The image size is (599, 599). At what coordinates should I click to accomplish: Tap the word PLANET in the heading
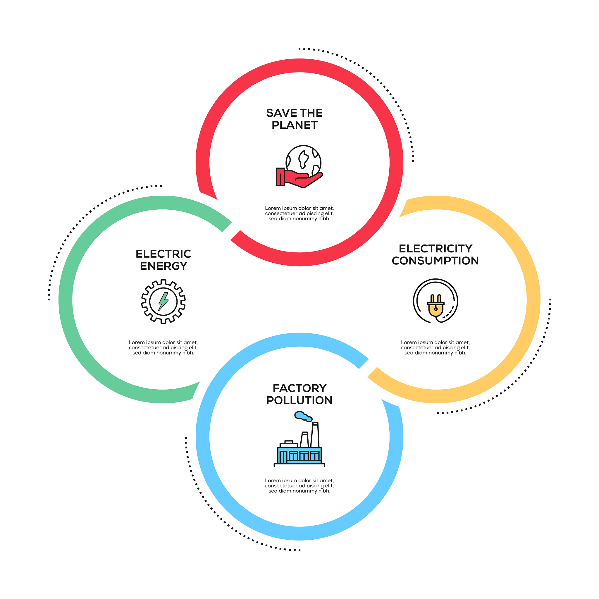295,125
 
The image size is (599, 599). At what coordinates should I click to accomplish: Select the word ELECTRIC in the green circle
163,254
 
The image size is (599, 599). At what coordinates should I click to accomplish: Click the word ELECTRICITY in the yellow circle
436,249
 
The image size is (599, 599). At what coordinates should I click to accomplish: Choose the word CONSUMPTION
435,261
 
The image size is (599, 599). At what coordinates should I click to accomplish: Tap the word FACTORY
300,388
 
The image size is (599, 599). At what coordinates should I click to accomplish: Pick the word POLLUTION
299,400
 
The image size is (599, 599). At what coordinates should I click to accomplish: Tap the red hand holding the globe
299,178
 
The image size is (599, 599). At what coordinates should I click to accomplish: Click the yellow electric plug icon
436,305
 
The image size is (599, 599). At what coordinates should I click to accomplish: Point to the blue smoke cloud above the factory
303,416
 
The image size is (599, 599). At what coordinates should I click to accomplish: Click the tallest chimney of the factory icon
315,435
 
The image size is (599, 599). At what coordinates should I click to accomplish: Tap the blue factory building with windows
299,455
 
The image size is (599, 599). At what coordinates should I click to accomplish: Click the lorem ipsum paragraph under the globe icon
299,214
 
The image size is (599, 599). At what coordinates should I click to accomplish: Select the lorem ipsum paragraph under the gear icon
163,347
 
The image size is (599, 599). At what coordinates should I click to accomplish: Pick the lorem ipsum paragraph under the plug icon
435,347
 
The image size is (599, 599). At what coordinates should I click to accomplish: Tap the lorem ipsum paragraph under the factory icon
299,486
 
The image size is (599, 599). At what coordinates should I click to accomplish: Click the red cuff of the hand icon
280,177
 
